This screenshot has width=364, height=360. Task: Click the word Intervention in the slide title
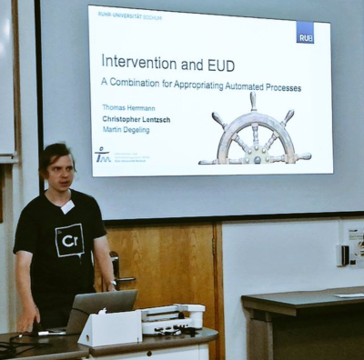pyautogui.click(x=136, y=62)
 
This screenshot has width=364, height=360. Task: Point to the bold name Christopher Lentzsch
pyautogui.click(x=136, y=119)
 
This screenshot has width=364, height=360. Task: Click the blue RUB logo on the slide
pyautogui.click(x=304, y=33)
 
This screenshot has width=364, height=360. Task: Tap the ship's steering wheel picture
pyautogui.click(x=255, y=132)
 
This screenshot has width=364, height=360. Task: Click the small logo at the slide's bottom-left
pyautogui.click(x=103, y=155)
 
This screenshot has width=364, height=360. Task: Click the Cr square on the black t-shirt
pyautogui.click(x=70, y=241)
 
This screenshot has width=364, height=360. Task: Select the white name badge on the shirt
pyautogui.click(x=66, y=206)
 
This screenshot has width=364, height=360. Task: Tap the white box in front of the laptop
pyautogui.click(x=110, y=327)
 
